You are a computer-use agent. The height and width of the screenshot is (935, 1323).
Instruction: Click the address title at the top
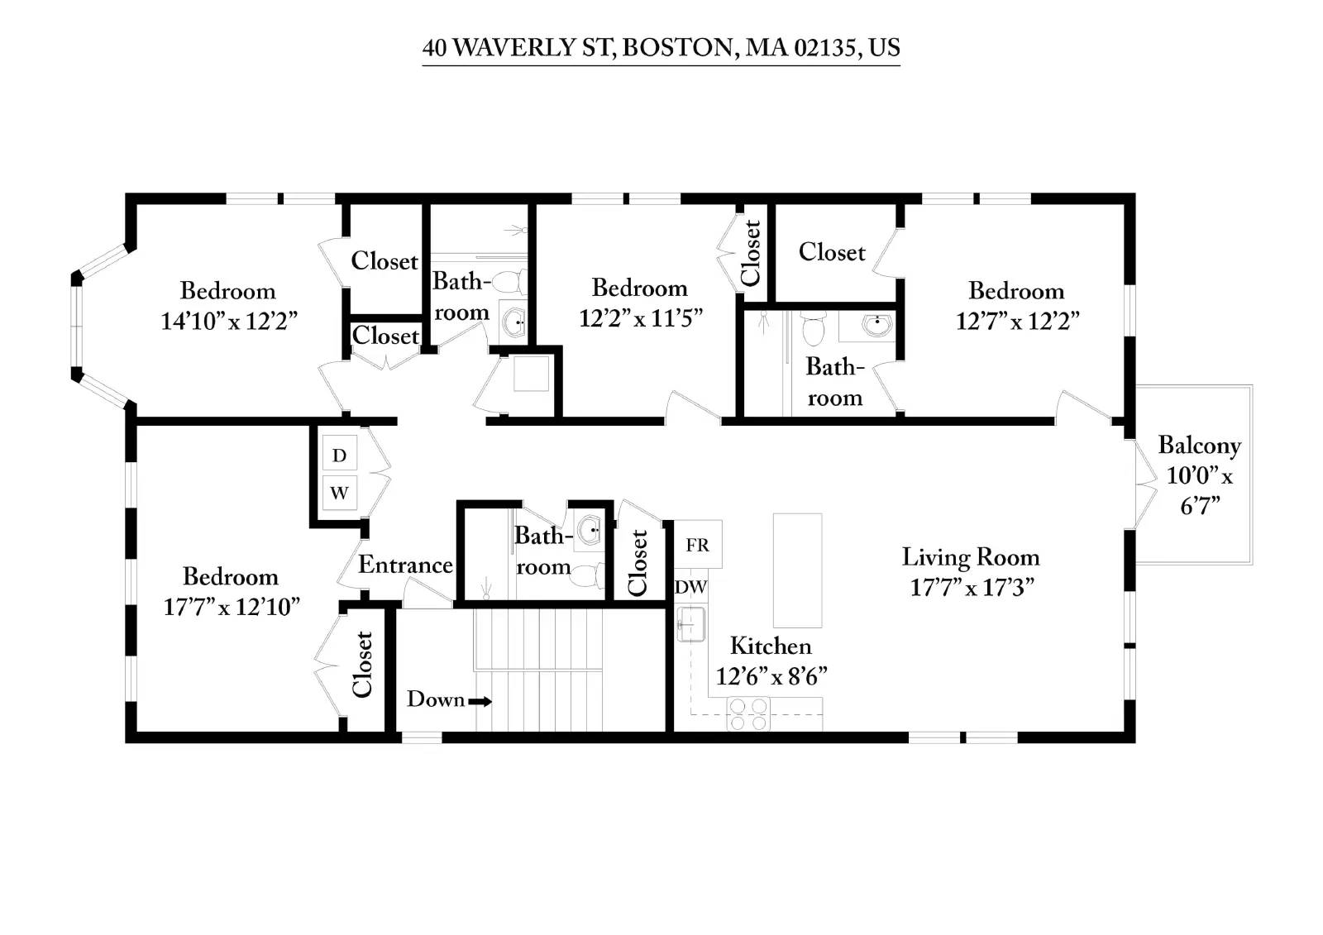point(661,48)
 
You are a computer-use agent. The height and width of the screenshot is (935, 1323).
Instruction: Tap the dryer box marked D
point(340,454)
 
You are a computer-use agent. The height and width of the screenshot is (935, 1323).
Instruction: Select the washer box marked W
point(340,492)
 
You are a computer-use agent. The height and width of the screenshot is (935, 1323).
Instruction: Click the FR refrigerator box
point(698,544)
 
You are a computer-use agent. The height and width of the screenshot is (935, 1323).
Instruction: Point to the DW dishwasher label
point(690,587)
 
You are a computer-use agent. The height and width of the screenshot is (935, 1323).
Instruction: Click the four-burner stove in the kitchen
point(748,714)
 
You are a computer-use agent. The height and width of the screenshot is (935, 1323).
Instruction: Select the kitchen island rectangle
point(797,570)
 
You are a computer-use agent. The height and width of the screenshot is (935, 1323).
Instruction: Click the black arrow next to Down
point(480,702)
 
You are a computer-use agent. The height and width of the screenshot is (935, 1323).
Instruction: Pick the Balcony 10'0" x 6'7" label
point(1200,475)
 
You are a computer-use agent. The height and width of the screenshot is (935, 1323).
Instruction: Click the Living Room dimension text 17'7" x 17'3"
point(972,588)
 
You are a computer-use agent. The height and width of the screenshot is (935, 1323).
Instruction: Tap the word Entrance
point(405,565)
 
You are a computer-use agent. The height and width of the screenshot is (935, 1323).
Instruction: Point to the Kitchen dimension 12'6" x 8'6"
point(771,676)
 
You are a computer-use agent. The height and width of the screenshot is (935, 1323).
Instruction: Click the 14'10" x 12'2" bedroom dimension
point(229,321)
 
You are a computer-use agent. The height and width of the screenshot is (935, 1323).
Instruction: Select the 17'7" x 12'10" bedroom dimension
point(231,607)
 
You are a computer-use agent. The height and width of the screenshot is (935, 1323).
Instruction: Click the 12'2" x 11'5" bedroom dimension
point(640,318)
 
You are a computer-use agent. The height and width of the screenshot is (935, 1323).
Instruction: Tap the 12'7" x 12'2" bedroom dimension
point(1017,321)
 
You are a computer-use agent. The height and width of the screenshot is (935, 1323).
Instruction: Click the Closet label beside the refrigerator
point(638,562)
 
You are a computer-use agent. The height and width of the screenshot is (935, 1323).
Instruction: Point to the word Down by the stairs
point(435,699)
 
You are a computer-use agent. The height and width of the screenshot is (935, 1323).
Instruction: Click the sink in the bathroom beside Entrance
point(589,530)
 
